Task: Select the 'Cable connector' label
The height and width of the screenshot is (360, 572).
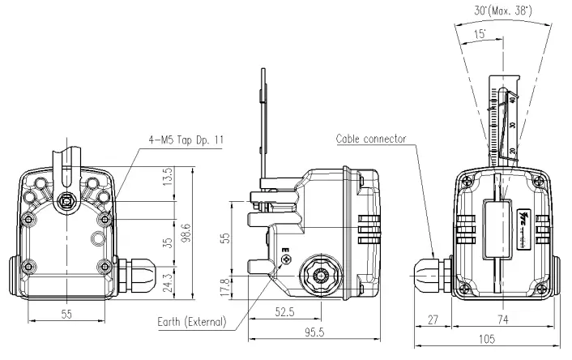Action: [x=372, y=139]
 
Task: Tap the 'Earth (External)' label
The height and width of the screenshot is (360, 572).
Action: [x=191, y=322]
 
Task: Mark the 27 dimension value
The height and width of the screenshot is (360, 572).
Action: [x=432, y=320]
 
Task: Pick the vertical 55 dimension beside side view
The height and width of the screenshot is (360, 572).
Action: [x=227, y=238]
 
